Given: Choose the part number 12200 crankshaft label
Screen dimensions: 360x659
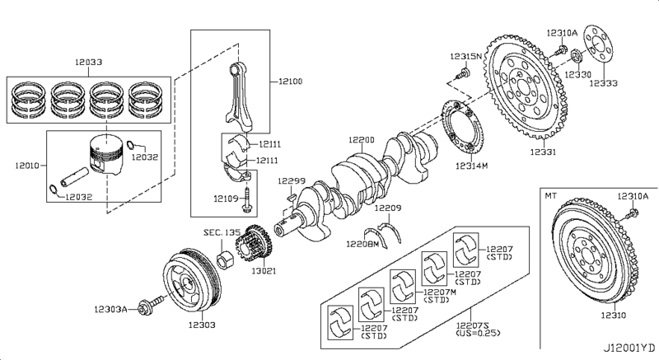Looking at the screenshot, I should (x=362, y=141).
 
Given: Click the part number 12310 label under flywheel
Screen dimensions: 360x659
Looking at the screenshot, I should (x=615, y=316).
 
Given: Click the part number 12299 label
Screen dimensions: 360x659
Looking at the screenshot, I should (x=291, y=180).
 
